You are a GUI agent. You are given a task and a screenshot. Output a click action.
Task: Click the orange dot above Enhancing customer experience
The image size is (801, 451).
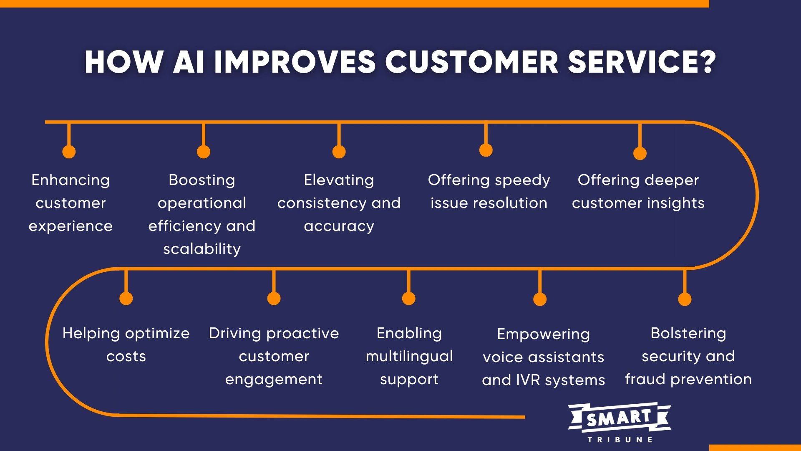(69, 152)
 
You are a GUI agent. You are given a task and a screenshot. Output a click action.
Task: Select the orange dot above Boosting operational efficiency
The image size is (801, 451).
(204, 152)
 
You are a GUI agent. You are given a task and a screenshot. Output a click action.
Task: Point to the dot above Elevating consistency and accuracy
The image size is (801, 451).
(339, 152)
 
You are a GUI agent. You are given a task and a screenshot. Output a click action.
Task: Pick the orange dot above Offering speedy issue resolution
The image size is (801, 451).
(486, 150)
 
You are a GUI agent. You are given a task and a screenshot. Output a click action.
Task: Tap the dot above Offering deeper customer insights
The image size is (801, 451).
(640, 153)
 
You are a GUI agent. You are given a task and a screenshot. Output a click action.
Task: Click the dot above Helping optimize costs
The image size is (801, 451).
(126, 299)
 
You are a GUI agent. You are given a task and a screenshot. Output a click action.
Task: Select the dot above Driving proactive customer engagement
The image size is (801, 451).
(274, 299)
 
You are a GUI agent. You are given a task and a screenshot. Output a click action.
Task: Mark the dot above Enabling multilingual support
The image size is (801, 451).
(408, 299)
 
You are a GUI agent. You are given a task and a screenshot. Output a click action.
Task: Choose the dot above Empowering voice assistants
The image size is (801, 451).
(540, 299)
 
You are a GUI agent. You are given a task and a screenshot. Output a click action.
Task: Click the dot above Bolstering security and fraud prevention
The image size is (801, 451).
(685, 299)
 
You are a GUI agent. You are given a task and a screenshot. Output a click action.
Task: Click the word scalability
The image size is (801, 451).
(202, 249)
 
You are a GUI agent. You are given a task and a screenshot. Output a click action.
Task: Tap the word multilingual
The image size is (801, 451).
(409, 356)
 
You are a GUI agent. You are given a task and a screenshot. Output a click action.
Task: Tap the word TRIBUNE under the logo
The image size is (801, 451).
(620, 439)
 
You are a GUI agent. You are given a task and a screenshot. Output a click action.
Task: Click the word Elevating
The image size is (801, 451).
(339, 180)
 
